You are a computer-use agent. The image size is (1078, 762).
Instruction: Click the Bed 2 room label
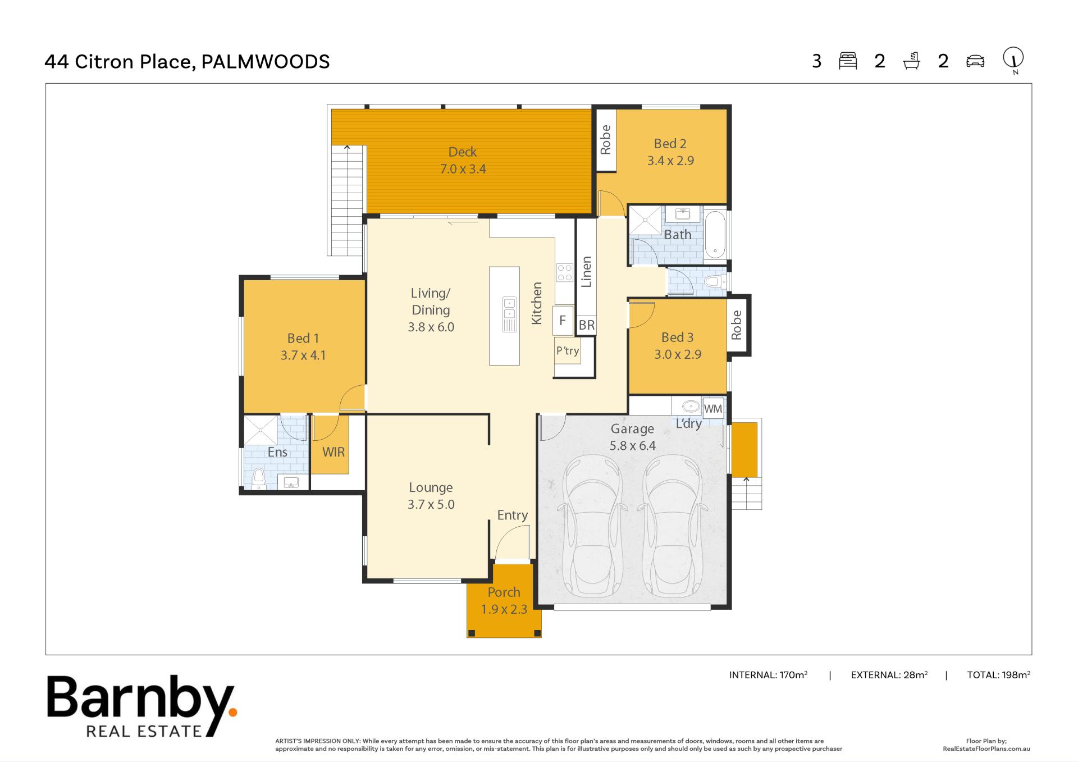pyautogui.click(x=670, y=144)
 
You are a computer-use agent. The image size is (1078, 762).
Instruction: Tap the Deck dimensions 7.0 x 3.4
pyautogui.click(x=463, y=169)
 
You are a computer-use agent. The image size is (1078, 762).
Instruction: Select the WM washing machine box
pyautogui.click(x=713, y=409)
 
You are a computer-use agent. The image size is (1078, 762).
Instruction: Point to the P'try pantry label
pyautogui.click(x=568, y=351)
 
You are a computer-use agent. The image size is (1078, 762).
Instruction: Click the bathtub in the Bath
pyautogui.click(x=715, y=235)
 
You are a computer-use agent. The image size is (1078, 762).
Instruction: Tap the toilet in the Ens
pyautogui.click(x=259, y=478)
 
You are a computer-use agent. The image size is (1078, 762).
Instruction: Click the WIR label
pyautogui.click(x=334, y=452)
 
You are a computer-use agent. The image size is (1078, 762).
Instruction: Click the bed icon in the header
pyautogui.click(x=848, y=61)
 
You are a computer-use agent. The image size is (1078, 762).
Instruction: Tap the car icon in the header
pyautogui.click(x=975, y=61)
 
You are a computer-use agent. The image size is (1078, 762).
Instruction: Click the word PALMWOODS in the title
pyautogui.click(x=266, y=61)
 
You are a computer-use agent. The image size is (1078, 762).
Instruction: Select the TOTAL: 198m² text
pyautogui.click(x=998, y=675)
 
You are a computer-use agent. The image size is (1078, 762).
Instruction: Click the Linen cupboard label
pyautogui.click(x=587, y=272)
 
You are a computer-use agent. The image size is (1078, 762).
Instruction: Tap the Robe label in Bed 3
pyautogui.click(x=737, y=325)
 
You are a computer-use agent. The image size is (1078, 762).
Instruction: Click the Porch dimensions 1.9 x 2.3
pyautogui.click(x=504, y=609)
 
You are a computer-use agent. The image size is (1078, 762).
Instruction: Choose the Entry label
pyautogui.click(x=513, y=515)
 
